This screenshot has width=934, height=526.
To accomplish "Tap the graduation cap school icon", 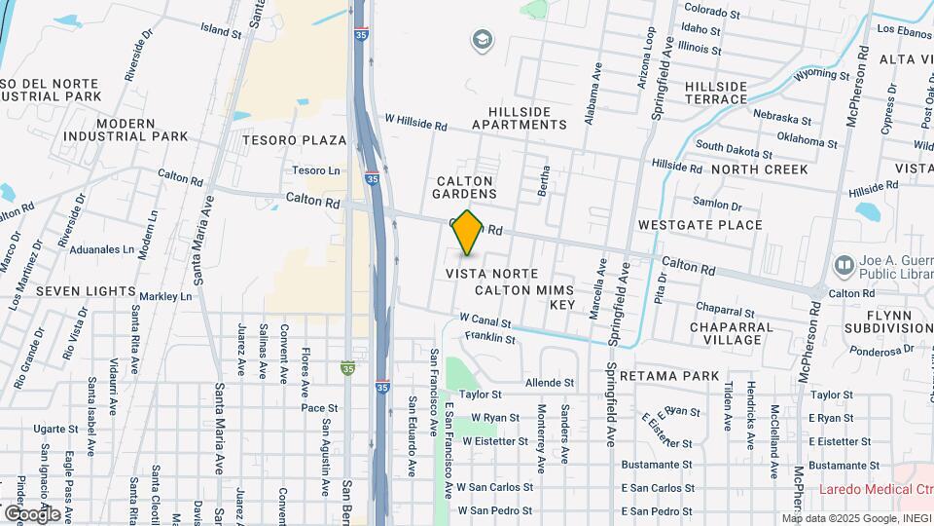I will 480,40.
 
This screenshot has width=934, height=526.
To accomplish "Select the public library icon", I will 844,264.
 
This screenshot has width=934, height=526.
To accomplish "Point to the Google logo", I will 32,513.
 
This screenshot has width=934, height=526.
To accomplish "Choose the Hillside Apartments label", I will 520,118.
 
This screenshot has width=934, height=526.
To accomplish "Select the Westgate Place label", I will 700,225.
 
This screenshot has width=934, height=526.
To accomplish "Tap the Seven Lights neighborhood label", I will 86,290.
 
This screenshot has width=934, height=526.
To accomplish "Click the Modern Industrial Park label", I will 126,130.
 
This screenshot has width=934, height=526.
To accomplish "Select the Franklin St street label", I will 489,338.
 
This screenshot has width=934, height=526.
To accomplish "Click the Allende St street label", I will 550,384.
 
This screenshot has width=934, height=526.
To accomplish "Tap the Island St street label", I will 221,32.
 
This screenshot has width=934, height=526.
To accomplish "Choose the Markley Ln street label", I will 165,296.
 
